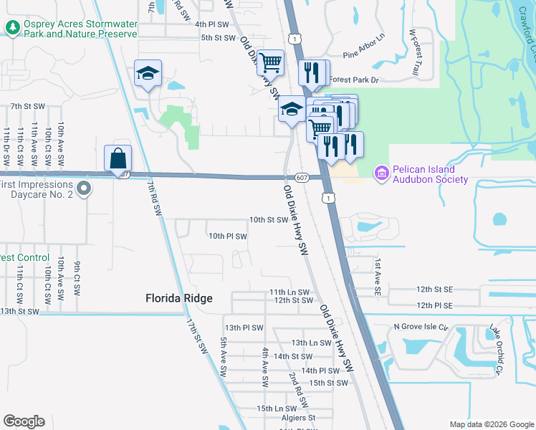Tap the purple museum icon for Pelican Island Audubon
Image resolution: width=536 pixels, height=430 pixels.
[x=381, y=173]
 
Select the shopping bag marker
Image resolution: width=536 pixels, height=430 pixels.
[x=118, y=159]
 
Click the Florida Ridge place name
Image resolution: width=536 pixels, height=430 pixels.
[x=178, y=298]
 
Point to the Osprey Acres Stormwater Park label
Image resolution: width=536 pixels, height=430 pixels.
[x=80, y=29]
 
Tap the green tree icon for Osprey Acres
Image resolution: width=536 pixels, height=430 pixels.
[x=12, y=28]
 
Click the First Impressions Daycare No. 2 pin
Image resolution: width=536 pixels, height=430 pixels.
[x=85, y=189]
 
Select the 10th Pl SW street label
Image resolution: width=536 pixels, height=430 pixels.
[x=227, y=236]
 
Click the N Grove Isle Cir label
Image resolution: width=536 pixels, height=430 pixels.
[x=421, y=328]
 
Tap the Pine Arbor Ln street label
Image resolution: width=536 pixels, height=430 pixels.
[x=363, y=54]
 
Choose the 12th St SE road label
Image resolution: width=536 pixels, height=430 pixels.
[x=435, y=289]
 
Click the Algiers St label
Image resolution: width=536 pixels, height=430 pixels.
[x=297, y=417]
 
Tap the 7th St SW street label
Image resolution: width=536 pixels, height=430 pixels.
[x=27, y=106]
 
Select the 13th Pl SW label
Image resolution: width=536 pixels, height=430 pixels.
[x=244, y=328]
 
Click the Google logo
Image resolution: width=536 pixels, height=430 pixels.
[x=24, y=421]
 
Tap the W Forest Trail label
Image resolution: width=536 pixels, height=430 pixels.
[x=413, y=52]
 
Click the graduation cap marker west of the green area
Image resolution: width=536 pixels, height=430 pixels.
[x=148, y=74]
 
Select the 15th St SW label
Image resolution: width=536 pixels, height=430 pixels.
[x=328, y=383]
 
